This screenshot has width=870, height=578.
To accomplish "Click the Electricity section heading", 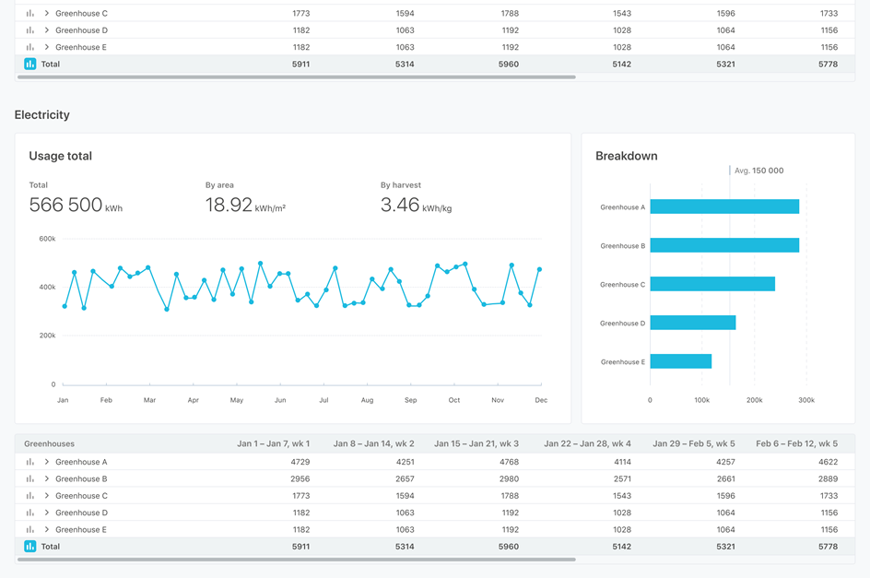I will (42, 115).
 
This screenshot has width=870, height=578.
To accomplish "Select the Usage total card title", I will (60, 156).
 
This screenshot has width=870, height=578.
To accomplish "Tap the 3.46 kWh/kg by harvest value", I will (416, 206).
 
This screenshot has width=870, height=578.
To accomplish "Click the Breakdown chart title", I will (627, 156).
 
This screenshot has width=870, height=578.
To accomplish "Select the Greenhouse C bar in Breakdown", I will (712, 284).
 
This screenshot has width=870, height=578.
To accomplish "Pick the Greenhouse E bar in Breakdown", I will (680, 361).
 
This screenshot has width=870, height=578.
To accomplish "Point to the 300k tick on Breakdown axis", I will (806, 400).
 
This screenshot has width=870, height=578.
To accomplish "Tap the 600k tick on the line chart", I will (47, 239).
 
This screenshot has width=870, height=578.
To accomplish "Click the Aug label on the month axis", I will (367, 400).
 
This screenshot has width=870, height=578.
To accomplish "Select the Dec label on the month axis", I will (541, 400).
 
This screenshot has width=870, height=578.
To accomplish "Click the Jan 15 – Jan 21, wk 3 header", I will (476, 443).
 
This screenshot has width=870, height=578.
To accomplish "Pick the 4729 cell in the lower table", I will (300, 462).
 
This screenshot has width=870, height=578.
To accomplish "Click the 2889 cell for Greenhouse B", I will (828, 478).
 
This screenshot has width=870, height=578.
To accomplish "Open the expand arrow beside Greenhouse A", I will (47, 462).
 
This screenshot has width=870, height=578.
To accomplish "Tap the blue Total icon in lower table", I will (30, 547).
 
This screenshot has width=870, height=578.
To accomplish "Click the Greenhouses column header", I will (50, 443).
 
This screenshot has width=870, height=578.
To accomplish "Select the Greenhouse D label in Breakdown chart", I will (623, 323).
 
